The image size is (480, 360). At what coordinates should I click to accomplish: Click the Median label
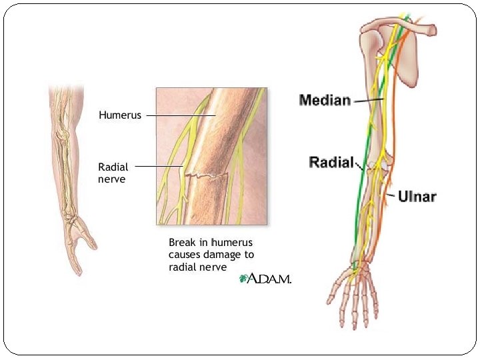click(x=325, y=101)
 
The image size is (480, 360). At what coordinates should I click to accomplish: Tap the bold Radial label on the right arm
click(x=331, y=162)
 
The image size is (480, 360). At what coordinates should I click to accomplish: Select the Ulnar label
click(x=417, y=197)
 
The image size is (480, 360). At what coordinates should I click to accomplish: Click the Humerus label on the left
click(x=120, y=115)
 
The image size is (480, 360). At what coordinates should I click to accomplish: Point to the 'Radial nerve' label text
click(x=113, y=173)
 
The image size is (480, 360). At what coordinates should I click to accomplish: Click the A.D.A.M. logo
click(x=269, y=279)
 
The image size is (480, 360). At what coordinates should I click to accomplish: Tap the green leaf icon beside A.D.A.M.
click(x=243, y=279)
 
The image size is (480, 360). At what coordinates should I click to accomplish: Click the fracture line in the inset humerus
click(x=207, y=176)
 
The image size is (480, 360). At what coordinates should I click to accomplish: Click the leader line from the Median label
click(x=367, y=101)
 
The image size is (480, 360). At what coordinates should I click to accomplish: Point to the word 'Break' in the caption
click(x=181, y=243)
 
